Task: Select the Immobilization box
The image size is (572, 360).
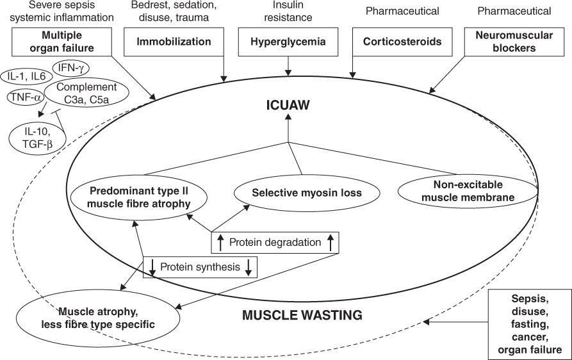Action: click(173, 42)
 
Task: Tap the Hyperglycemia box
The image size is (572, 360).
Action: click(288, 42)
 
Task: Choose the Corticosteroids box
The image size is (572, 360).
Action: click(402, 42)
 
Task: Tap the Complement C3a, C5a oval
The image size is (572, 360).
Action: click(86, 93)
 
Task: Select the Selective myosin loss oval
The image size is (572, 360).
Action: click(297, 192)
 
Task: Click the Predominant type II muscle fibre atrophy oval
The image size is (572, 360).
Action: click(138, 197)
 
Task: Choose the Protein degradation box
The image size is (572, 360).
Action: click(274, 241)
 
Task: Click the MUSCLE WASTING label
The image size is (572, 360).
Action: click(302, 315)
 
